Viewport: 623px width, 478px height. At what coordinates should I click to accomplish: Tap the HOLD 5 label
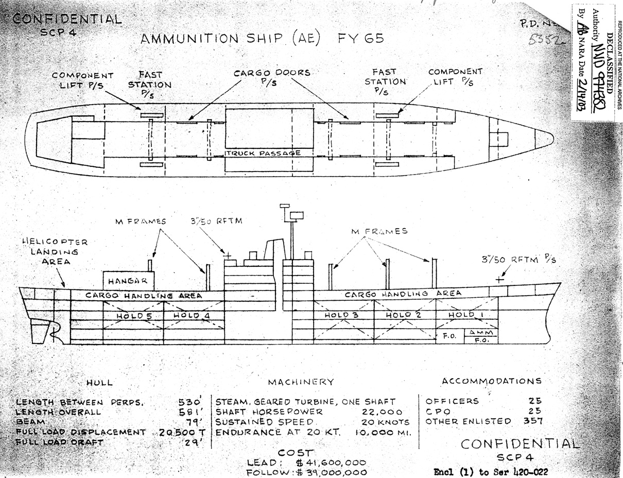click(x=133, y=316)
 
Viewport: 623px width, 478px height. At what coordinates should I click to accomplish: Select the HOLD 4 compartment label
click(x=192, y=316)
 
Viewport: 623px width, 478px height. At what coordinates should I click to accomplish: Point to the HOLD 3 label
click(x=341, y=315)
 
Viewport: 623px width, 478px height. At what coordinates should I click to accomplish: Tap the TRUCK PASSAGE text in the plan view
click(x=263, y=153)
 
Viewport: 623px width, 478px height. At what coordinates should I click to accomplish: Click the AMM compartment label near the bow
click(x=481, y=333)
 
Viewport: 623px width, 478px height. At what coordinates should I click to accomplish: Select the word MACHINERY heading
click(x=301, y=382)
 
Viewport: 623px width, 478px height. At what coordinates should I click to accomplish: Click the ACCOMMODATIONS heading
click(x=491, y=381)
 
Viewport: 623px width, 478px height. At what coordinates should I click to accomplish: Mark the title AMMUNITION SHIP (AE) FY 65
click(x=263, y=39)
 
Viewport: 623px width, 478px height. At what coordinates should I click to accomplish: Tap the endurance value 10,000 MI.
click(x=383, y=432)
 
